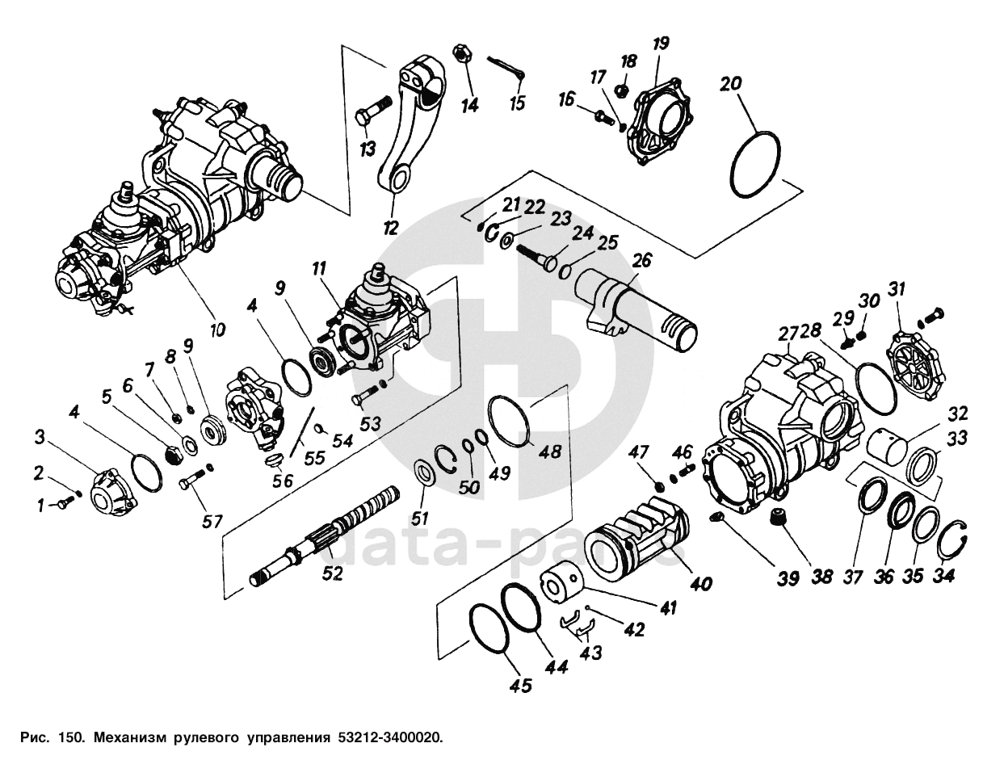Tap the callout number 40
(700, 583)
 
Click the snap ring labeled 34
(955, 537)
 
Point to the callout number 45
(521, 686)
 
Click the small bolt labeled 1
(61, 504)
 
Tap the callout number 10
(217, 330)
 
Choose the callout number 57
(212, 522)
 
